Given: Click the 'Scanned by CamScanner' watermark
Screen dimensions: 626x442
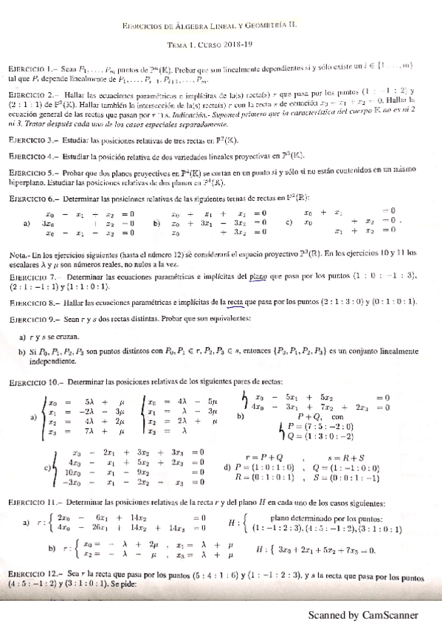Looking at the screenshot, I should [363, 615].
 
